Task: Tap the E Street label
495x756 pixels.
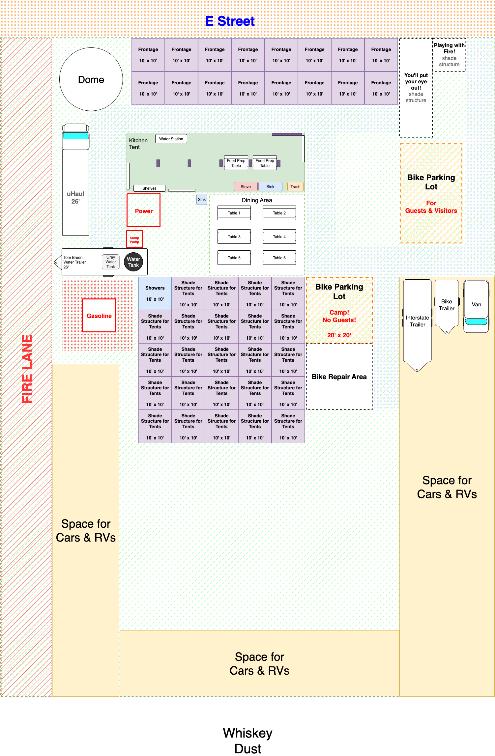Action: coord(230,21)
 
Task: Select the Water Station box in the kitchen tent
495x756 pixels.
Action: coord(171,139)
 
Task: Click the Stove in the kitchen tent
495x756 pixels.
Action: coord(246,186)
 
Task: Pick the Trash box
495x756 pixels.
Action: coord(295,186)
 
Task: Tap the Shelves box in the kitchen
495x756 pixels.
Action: coord(149,188)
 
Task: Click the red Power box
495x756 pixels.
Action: coord(144,210)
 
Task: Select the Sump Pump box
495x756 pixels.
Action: coord(134,239)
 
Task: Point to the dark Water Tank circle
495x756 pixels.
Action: coord(133,262)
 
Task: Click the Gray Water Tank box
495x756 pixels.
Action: coord(111,262)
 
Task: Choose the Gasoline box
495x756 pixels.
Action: coord(99,315)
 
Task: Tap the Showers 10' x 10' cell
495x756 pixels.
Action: coord(155,293)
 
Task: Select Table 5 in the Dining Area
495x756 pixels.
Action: coord(234,258)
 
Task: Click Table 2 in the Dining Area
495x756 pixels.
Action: coord(279,213)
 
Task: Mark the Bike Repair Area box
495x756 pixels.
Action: coord(339,377)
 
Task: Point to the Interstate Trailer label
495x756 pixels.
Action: coord(418,321)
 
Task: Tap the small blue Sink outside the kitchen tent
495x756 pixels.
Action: coord(202,199)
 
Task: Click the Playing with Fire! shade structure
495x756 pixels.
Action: coord(449,55)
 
